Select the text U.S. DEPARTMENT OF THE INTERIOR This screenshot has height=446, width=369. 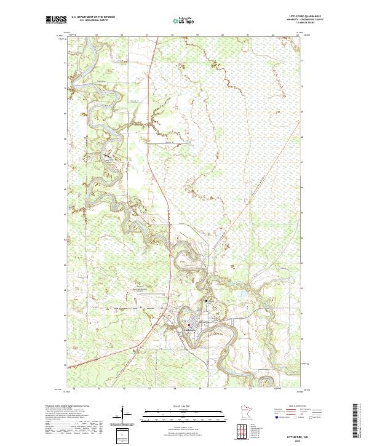(93, 17)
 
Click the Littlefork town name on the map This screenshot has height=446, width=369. (187, 329)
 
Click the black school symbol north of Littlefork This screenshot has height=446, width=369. (207, 301)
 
